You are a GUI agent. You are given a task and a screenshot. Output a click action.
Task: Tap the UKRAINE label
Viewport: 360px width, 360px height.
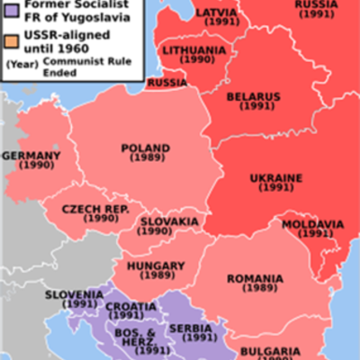(275, 178)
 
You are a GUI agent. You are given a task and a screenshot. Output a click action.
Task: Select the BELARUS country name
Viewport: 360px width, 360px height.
(253, 97)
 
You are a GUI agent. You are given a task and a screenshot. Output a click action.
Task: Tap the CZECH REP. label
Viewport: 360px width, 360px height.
(95, 209)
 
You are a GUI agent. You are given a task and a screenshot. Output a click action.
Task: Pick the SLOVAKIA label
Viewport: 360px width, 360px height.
(169, 221)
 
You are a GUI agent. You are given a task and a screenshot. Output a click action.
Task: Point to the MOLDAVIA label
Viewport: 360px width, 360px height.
(312, 224)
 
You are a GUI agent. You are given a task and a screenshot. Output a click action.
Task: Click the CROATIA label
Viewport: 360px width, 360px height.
(130, 306)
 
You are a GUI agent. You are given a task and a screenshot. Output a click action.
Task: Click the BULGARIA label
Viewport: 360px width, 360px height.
(271, 350)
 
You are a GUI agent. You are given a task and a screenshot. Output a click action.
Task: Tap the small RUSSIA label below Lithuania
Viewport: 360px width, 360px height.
(166, 83)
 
